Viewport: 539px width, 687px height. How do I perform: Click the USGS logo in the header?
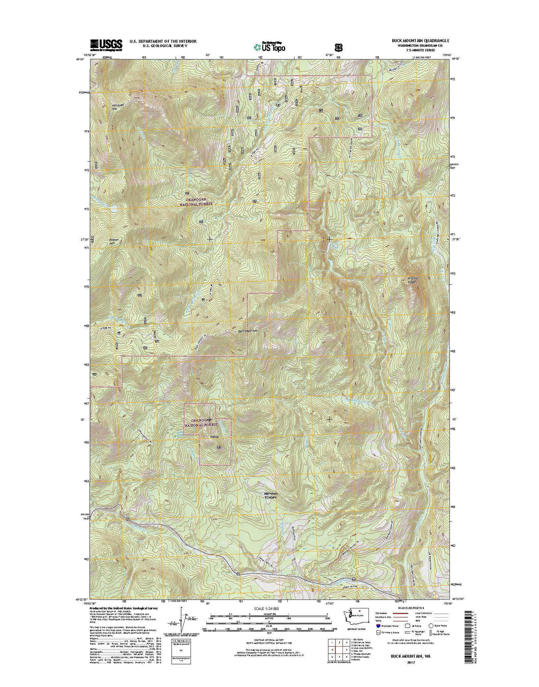[106, 44]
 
